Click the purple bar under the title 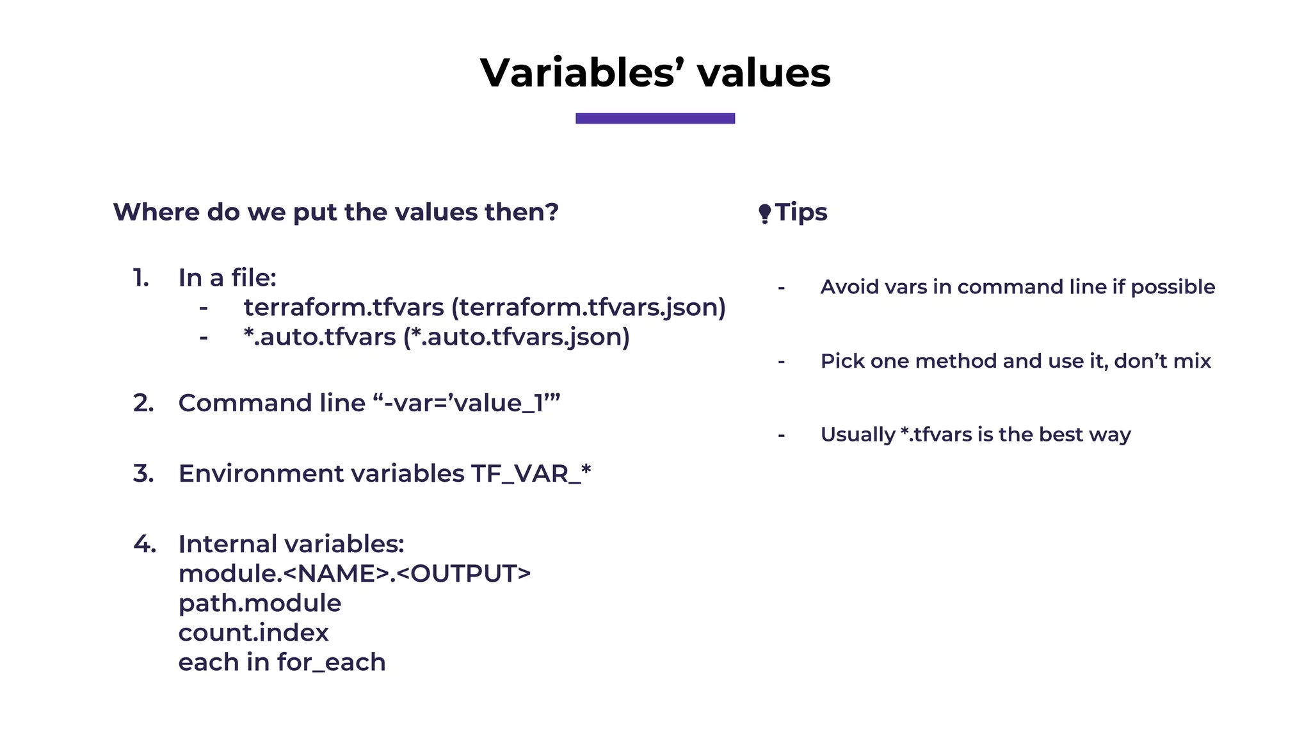click(x=655, y=119)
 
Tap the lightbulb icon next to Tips click(x=764, y=213)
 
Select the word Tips click(x=801, y=212)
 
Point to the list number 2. click(x=143, y=403)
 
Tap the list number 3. click(x=143, y=473)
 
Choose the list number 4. click(x=145, y=544)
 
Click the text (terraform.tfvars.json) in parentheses click(x=588, y=307)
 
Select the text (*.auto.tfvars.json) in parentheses click(x=516, y=337)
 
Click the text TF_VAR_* click(x=531, y=474)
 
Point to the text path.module click(x=259, y=603)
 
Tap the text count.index click(x=253, y=633)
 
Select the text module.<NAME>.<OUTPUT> click(x=354, y=574)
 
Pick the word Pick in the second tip click(x=842, y=361)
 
